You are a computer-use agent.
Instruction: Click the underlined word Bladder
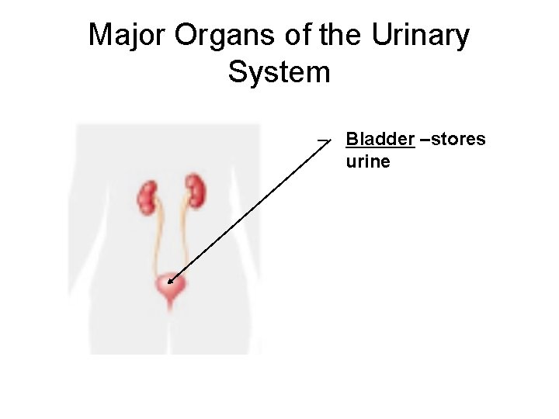(380, 140)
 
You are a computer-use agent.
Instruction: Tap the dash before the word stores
(424, 140)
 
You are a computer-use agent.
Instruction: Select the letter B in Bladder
(352, 140)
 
